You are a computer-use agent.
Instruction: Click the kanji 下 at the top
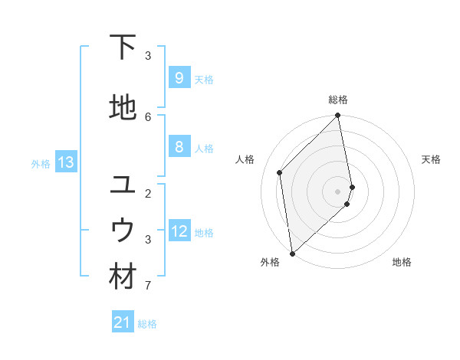click(x=123, y=47)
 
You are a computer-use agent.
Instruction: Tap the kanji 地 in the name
click(x=123, y=109)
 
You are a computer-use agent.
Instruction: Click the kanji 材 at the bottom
click(x=123, y=277)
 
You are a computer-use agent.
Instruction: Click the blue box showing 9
click(x=179, y=78)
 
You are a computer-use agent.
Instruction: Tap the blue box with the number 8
click(x=179, y=147)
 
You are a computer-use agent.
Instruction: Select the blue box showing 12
click(x=179, y=231)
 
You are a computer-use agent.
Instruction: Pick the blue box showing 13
click(x=65, y=162)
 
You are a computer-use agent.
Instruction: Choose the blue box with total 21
click(x=123, y=322)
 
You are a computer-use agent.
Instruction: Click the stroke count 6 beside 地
click(x=148, y=116)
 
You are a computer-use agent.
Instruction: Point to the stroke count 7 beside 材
click(x=148, y=286)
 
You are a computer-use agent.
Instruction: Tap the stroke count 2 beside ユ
click(x=148, y=193)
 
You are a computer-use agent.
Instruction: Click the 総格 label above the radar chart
click(x=338, y=100)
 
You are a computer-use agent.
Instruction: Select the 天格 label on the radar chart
click(x=431, y=159)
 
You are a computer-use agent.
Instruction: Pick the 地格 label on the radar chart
click(x=402, y=262)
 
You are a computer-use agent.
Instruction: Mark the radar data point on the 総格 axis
click(x=338, y=116)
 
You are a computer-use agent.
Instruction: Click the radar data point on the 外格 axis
click(x=291, y=254)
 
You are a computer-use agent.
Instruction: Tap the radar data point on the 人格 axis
click(x=280, y=172)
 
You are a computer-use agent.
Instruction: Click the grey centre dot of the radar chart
click(x=338, y=191)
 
